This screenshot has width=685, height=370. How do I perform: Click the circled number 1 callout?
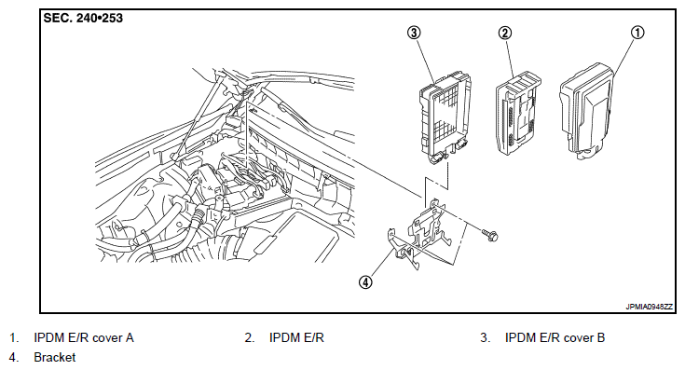point(637,33)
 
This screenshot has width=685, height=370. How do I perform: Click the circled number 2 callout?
point(504,33)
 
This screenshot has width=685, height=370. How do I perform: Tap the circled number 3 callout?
point(414,33)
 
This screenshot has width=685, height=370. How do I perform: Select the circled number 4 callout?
point(365,282)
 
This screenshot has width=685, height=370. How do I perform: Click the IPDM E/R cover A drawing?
point(587,112)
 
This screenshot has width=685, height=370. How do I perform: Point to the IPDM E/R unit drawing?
point(518,115)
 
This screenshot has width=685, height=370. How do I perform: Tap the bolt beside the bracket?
point(489,236)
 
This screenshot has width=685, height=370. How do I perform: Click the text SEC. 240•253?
point(83,19)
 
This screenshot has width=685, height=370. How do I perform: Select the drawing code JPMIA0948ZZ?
point(649,308)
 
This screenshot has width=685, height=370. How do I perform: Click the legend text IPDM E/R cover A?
point(84,337)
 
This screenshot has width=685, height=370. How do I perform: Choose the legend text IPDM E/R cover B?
point(555,337)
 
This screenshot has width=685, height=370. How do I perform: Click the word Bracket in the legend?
point(55,357)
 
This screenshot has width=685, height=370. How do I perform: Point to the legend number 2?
point(250,337)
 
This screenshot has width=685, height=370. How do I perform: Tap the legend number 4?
point(14,357)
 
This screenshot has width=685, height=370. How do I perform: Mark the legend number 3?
point(485,337)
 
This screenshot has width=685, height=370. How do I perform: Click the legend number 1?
point(14,337)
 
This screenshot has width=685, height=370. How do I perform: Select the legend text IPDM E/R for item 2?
point(296,337)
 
